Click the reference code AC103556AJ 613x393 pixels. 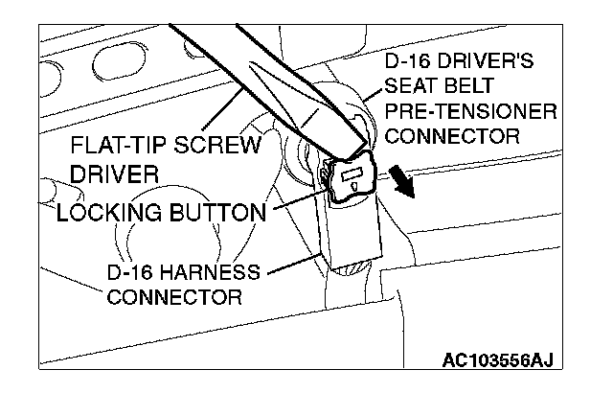tap(498, 361)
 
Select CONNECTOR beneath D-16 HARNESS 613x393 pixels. tap(174, 296)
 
